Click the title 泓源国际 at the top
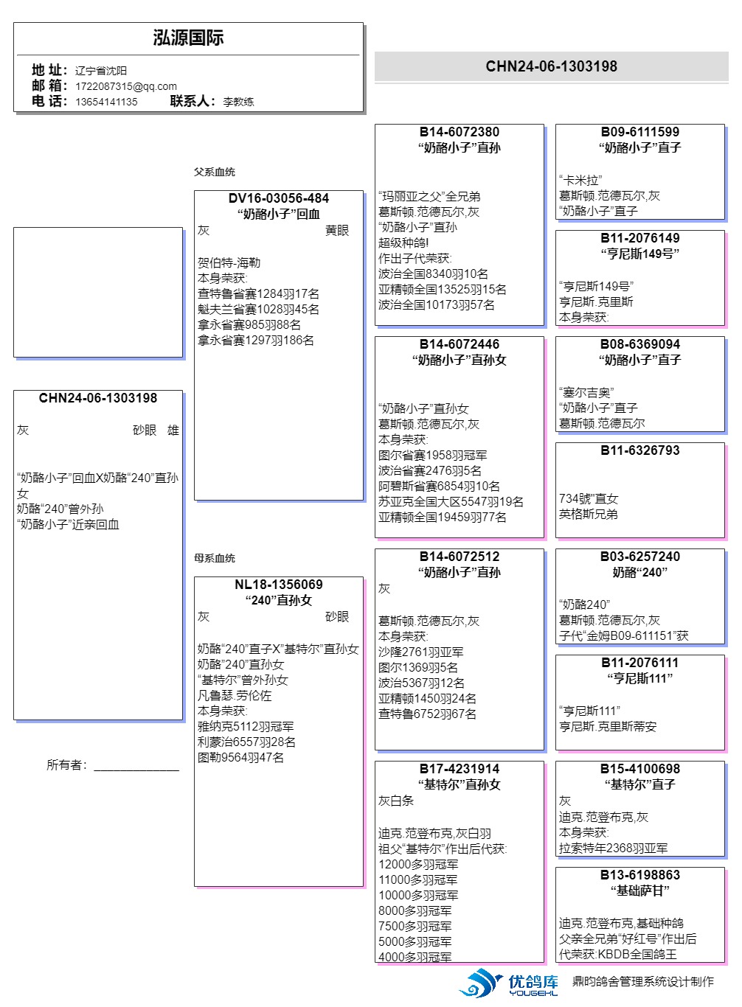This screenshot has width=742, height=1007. coord(188,38)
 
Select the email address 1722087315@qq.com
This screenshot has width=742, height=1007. coord(125,86)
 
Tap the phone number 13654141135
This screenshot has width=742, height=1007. coord(106,102)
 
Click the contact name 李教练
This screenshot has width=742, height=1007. coord(238,102)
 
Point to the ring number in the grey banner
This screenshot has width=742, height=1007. coord(551,66)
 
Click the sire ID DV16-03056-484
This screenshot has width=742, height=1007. coord(279,198)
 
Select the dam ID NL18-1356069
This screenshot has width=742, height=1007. coord(279,585)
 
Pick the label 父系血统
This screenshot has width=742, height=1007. coord(215,172)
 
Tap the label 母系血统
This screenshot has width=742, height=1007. coord(215,558)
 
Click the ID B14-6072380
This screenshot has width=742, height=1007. coord(459,132)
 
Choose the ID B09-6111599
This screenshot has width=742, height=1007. coord(639,132)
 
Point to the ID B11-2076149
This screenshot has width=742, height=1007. coord(639,238)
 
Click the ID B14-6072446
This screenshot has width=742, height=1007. coord(459,344)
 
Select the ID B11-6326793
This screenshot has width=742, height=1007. coord(639,450)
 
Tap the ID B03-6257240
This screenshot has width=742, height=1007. coord(639,557)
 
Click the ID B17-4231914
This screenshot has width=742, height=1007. coord(459,769)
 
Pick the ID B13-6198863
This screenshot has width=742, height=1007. coord(639,875)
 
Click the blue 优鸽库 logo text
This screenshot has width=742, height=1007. coord(533,982)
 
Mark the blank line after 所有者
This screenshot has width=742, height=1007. coord(136,767)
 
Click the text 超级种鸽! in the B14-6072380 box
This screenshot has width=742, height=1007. coord(403,243)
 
